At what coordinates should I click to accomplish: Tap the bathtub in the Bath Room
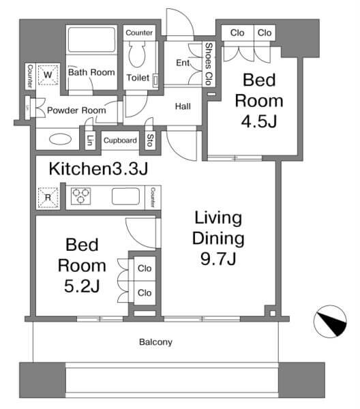[x=91, y=40]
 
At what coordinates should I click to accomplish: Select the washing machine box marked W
[x=48, y=74]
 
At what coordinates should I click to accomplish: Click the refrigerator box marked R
[x=48, y=198]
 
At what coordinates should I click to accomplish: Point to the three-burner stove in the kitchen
[x=81, y=196]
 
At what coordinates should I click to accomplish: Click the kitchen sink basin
[x=126, y=196]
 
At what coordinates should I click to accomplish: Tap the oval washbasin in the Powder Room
[x=60, y=139]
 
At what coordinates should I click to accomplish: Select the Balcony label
[x=155, y=342]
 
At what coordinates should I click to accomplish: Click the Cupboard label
[x=120, y=140]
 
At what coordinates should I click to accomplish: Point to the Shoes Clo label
[x=209, y=64]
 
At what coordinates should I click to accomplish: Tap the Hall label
[x=183, y=106]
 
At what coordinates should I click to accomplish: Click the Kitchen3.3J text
[x=98, y=168]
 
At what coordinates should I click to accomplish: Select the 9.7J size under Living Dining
[x=218, y=258]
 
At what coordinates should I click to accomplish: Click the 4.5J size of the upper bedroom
[x=259, y=121]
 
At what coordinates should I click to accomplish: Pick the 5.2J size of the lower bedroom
[x=82, y=286]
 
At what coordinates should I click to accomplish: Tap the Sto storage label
[x=150, y=140]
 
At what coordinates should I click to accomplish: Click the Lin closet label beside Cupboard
[x=90, y=140]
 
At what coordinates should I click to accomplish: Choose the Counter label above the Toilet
[x=139, y=33]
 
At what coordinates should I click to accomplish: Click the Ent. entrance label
[x=183, y=63]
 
